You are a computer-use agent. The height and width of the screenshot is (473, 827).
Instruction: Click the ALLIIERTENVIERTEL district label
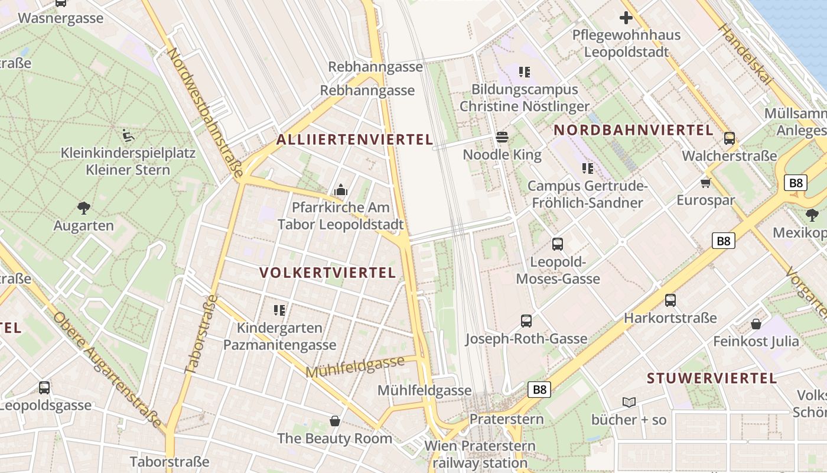[x=355, y=140]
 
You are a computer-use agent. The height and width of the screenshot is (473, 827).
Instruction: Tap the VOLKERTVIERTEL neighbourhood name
[x=328, y=273]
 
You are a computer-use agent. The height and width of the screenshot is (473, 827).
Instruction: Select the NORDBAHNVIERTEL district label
[x=633, y=130]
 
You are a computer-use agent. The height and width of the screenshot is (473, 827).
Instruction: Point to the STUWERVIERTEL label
[x=712, y=378]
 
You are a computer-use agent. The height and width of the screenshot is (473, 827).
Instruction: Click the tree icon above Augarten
[x=84, y=208]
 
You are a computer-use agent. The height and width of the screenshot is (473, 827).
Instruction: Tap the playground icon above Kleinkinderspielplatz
[x=128, y=135]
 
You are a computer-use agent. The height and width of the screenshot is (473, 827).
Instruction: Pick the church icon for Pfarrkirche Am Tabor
[x=340, y=190]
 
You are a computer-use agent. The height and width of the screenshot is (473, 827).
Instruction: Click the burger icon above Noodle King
[x=502, y=137]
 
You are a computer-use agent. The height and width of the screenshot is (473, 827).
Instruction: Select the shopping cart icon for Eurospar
[x=705, y=182]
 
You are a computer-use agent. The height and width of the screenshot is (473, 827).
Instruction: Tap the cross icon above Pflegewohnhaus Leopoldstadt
[x=626, y=18]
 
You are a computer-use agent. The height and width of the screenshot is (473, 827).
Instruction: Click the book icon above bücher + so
[x=629, y=402]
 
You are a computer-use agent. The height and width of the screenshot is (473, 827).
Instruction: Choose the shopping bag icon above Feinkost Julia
[x=756, y=323]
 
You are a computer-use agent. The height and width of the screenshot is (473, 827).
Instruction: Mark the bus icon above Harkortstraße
[x=670, y=300]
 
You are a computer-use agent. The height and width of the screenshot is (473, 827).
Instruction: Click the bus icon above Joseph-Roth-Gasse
[x=526, y=321]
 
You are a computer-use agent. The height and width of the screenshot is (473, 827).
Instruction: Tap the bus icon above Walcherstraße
[x=730, y=138]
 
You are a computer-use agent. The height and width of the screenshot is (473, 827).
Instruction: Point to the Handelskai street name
[x=744, y=55]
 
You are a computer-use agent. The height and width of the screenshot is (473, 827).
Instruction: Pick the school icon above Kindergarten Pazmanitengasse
[x=279, y=310]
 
